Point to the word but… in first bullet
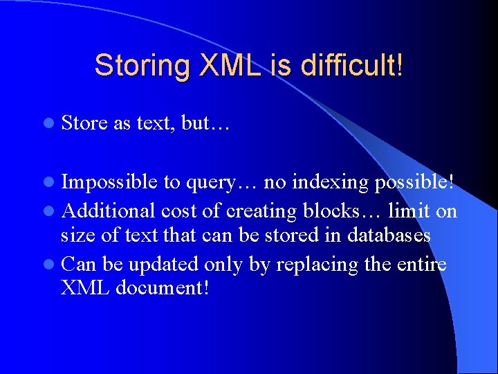point(205,123)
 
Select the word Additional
point(108,210)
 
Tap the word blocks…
point(347,210)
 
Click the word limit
point(409,210)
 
